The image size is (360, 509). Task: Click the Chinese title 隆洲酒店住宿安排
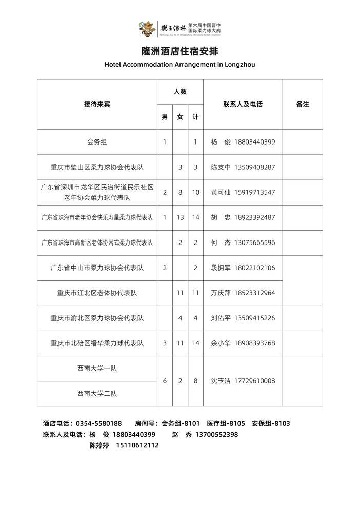[179, 52]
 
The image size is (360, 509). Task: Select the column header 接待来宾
[97, 104]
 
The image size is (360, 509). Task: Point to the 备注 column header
[303, 104]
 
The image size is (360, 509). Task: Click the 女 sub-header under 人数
[180, 117]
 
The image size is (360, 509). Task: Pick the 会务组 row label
[97, 141]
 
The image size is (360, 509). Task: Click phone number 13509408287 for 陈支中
[254, 167]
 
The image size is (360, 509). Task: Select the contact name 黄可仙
[221, 192]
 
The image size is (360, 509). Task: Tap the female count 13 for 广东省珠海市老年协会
[180, 217]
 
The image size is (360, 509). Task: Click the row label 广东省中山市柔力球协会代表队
[97, 268]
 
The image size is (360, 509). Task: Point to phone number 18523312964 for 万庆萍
[254, 293]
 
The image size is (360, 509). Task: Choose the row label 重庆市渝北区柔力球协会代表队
[97, 318]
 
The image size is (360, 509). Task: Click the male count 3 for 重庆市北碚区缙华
[165, 343]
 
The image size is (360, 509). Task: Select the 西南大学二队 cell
[97, 394]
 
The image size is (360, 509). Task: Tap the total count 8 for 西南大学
[195, 381]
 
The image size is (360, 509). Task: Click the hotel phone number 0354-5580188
[98, 423]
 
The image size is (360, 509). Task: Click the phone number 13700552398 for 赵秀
[217, 434]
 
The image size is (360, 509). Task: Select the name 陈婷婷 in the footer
[99, 445]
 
